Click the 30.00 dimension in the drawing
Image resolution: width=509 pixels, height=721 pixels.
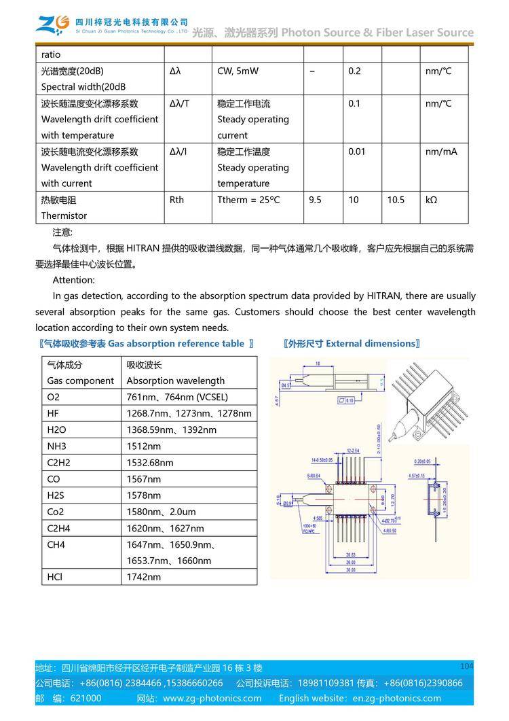[x=351, y=569]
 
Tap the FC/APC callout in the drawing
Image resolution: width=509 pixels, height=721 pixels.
[x=309, y=531]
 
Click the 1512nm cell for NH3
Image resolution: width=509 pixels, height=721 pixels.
[x=144, y=446]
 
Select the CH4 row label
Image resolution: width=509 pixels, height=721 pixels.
[x=56, y=544]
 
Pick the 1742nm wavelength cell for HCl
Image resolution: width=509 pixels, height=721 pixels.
[x=144, y=577]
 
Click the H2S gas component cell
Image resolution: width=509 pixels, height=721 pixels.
[x=57, y=495]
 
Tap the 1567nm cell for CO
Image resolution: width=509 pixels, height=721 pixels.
[x=144, y=479]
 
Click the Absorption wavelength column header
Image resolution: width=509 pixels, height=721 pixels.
[x=175, y=381]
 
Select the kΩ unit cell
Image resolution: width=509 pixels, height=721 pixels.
[x=431, y=200]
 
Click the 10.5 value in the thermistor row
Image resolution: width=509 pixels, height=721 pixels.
[x=396, y=200]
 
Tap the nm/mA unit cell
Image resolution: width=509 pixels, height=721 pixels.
[x=441, y=152]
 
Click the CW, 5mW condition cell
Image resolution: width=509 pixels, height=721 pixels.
[x=238, y=71]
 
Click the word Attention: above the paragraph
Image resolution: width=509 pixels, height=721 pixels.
[x=74, y=280]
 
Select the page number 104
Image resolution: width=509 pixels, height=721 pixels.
[x=466, y=665]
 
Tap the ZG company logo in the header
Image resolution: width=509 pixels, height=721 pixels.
[x=52, y=25]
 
